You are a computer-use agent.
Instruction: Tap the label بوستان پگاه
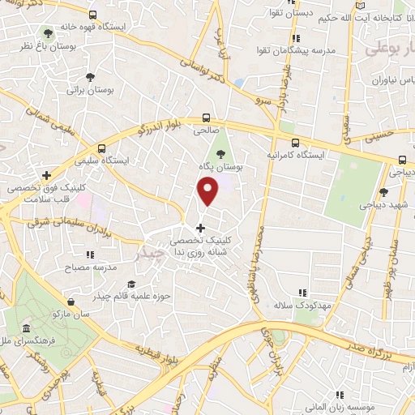(220, 166)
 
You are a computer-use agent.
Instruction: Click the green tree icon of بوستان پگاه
(220, 153)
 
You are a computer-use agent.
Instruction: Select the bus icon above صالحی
(206, 116)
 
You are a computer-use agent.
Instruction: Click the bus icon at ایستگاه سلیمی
(101, 148)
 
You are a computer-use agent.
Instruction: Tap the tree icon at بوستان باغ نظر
(48, 33)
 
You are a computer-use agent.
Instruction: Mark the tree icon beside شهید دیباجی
(383, 192)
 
